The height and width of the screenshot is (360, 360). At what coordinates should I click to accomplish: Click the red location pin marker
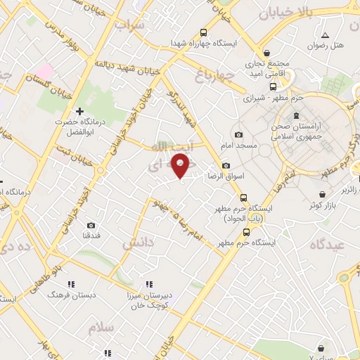tap(181, 165)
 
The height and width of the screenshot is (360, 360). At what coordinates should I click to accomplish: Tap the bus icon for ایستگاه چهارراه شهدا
tap(204, 32)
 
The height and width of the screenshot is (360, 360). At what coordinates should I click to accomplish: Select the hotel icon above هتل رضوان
tap(324, 35)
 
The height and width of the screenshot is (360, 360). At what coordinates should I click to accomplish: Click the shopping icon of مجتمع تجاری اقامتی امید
tap(266, 53)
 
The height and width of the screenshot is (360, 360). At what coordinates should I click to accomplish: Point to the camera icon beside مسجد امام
tap(238, 134)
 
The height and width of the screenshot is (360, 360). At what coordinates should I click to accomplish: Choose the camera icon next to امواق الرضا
tap(226, 165)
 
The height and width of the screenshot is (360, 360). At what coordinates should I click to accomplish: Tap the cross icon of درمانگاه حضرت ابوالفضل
tap(79, 111)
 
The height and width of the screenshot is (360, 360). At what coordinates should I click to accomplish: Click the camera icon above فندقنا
tap(91, 226)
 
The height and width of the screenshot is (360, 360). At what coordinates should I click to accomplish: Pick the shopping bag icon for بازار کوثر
tap(321, 194)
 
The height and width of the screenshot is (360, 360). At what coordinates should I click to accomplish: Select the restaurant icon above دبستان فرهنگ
tap(70, 283)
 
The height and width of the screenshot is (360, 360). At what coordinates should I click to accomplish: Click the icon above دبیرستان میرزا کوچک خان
tap(148, 284)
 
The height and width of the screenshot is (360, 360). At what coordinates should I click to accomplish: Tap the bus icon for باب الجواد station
tap(243, 198)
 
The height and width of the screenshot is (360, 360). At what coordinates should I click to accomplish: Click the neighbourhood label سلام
tap(101, 328)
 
